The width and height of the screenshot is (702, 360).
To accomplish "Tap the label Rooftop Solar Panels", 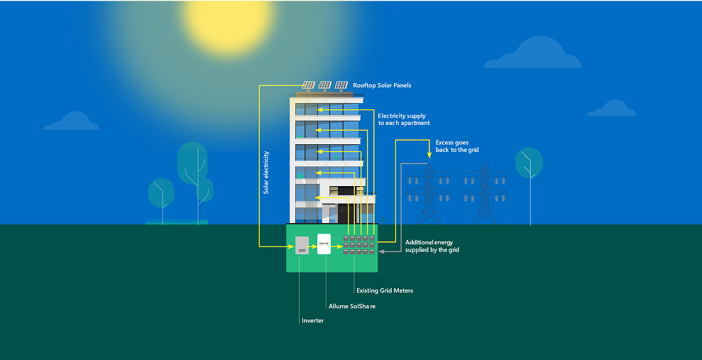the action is click(382, 85).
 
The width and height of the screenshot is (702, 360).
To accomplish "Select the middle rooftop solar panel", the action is click(325, 85).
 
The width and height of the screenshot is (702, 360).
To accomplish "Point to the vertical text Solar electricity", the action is click(266, 173).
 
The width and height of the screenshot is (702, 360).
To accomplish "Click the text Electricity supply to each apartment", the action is click(404, 119).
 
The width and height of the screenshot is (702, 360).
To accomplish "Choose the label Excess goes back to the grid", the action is click(456, 146).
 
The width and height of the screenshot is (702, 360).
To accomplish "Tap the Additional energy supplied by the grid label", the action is click(432, 246).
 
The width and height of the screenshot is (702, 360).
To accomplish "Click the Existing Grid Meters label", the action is click(385, 290).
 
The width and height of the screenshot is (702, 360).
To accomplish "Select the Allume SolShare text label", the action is click(352, 306).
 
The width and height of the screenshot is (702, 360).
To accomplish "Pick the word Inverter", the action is click(312, 321).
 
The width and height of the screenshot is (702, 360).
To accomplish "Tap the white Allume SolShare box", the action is click(324, 244).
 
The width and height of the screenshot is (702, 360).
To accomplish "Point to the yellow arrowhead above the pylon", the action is click(429, 155).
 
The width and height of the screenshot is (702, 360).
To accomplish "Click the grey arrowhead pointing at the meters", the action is click(381, 252).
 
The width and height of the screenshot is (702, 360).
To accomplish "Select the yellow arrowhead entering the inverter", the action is click(291, 246).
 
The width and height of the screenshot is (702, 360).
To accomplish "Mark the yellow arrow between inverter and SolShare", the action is click(312, 246).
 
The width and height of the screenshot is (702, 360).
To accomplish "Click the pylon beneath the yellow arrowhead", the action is click(429, 193).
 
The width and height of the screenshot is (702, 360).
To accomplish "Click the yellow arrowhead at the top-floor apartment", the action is click(319, 109).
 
